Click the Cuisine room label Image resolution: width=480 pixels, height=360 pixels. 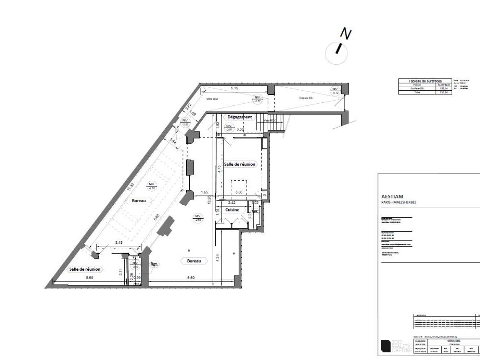tap(232, 209)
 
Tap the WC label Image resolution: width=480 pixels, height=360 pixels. tap(256, 211)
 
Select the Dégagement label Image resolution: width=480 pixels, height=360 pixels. tap(240, 117)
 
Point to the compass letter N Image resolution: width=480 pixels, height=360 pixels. tap(345, 35)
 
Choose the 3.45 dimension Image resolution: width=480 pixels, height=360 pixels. tap(119, 243)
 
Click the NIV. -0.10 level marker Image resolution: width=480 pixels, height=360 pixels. tap(335, 91)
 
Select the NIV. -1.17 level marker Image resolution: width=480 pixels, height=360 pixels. tap(256, 99)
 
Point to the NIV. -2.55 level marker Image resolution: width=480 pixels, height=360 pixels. tap(197, 218)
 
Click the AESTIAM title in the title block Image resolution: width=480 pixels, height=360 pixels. tap(392, 196)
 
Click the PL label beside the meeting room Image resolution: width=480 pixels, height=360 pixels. tap(264, 195)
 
